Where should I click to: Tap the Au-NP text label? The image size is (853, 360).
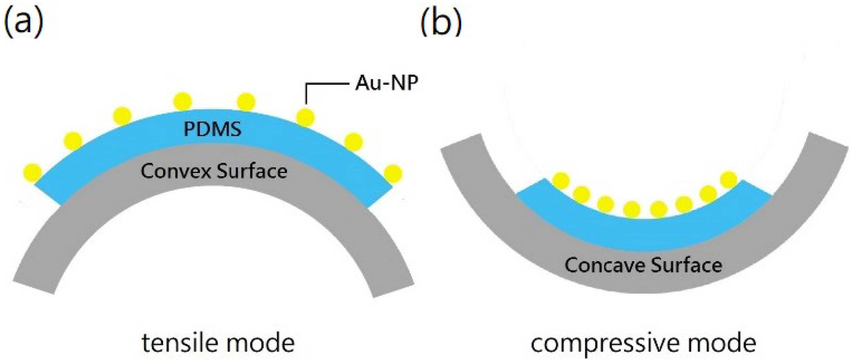click(x=386, y=83)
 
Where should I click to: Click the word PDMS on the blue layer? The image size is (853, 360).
click(x=212, y=129)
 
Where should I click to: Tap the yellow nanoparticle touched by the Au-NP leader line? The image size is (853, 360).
click(x=305, y=117)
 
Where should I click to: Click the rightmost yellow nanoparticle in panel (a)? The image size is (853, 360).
click(x=393, y=173)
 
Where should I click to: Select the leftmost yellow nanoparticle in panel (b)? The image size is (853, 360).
click(x=561, y=181)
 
